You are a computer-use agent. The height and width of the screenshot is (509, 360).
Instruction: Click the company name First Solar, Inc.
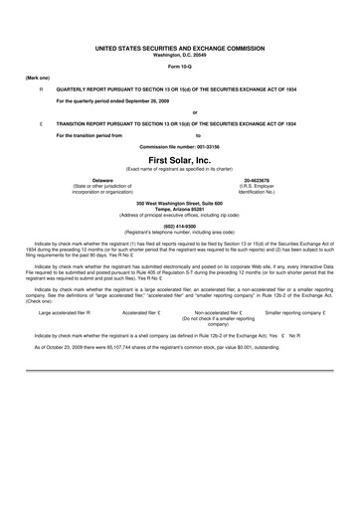tap(179, 160)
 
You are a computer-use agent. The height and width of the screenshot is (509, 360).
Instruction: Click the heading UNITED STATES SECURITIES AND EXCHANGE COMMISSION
tap(179, 47)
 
